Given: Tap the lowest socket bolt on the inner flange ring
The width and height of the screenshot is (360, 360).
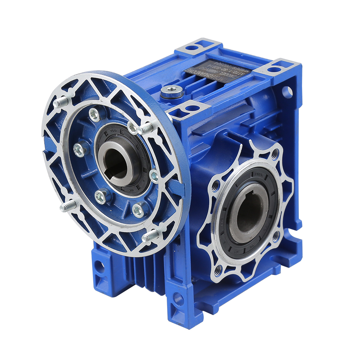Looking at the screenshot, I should pyautogui.click(x=138, y=210).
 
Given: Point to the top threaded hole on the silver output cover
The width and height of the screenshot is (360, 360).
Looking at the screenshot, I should pyautogui.click(x=275, y=154).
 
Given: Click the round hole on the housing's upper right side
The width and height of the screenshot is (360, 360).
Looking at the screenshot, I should pyautogui.click(x=287, y=92).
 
